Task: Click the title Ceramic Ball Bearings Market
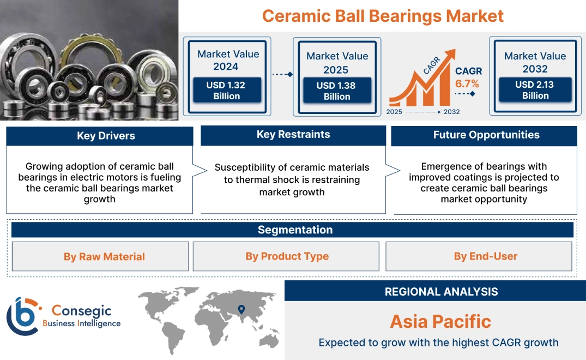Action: (x=383, y=15)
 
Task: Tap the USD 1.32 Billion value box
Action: (x=227, y=90)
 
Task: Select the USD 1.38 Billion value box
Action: (x=337, y=91)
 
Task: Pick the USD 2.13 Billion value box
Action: (x=535, y=90)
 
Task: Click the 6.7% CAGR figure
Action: (x=467, y=83)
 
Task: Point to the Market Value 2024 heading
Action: (x=228, y=60)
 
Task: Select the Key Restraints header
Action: (x=293, y=135)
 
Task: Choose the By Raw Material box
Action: (x=104, y=256)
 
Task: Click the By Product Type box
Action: (x=287, y=256)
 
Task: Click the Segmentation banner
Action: (x=295, y=230)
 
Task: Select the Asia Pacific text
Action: (x=440, y=321)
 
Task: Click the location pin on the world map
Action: (x=240, y=310)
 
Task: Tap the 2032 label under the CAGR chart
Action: (x=451, y=112)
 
